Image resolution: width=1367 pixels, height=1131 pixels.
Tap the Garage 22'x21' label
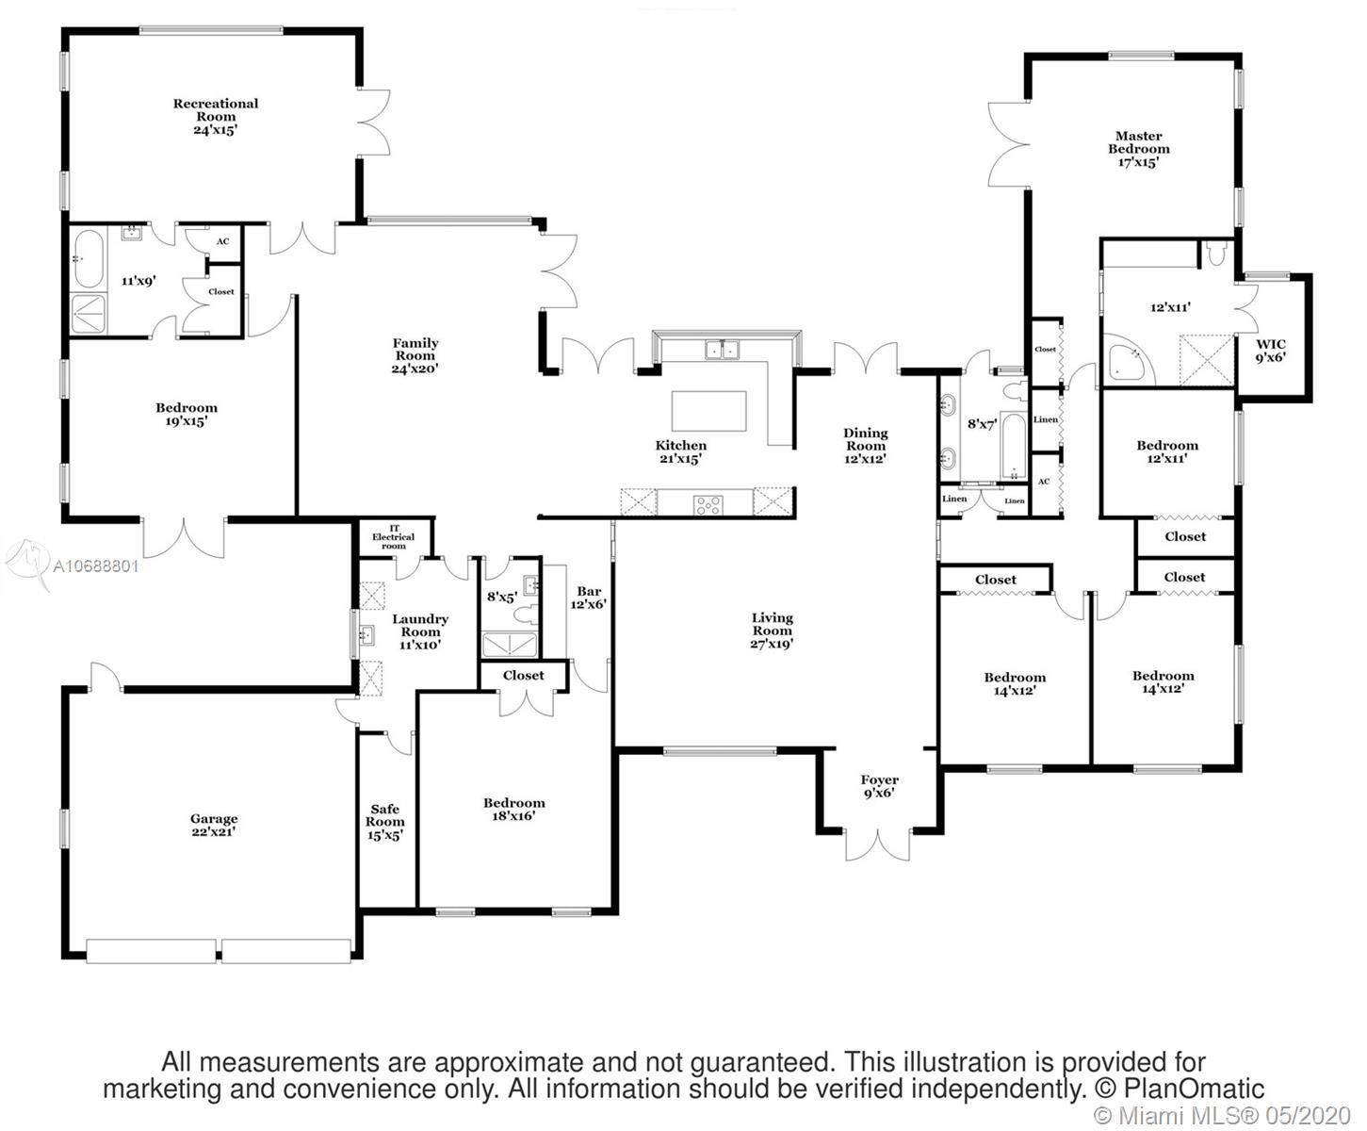214,826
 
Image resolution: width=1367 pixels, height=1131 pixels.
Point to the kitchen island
709,411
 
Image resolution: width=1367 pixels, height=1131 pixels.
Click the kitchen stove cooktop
708,505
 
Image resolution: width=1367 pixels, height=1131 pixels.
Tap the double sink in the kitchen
723,350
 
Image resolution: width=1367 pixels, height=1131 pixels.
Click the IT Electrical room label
394,537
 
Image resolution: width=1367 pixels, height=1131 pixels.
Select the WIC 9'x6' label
1271,351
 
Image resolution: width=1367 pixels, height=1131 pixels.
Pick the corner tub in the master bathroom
1128,359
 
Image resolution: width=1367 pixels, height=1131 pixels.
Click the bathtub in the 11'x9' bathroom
90,258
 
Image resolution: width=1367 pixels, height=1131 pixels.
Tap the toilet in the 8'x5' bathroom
525,615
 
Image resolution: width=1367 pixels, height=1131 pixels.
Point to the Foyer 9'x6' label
879,787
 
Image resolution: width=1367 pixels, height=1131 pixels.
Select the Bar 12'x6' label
589,598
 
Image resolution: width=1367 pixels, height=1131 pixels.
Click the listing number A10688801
95,566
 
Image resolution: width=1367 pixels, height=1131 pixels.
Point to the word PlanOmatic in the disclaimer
1195,1089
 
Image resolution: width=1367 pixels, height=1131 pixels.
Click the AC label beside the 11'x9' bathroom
223,241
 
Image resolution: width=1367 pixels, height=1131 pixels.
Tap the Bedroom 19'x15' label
187,414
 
